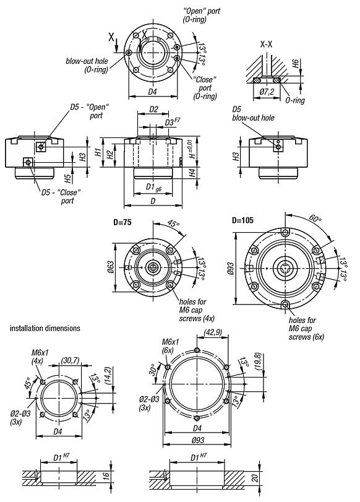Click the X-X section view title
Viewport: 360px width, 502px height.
[267, 45]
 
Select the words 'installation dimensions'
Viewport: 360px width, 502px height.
[44, 327]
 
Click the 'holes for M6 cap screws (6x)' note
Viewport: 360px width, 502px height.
[302, 329]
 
